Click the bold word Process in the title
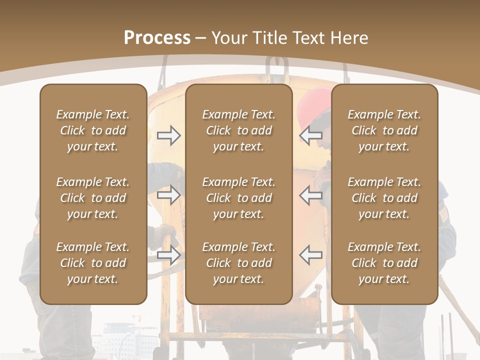coord(157,38)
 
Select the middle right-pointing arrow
coord(169,195)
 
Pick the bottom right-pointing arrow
coord(169,254)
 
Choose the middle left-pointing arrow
coord(310,195)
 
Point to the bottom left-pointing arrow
coord(310,254)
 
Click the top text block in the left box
coord(93,130)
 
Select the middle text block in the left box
coord(93,198)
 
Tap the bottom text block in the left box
coord(93,263)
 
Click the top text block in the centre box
coord(238,130)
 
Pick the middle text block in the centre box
coord(238,198)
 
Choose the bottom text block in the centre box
coord(238,263)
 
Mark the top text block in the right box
coord(384,130)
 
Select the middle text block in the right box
coord(384,198)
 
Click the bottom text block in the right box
coord(384,263)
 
